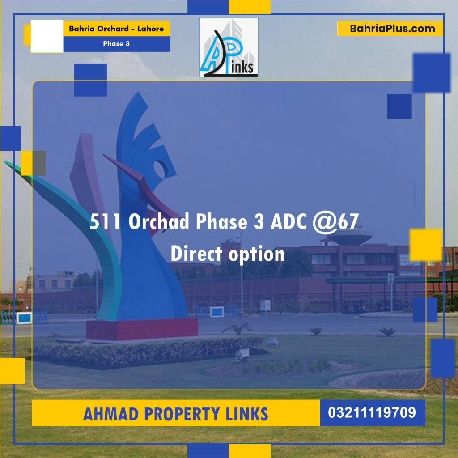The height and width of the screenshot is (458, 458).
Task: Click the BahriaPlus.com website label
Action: point(392,29)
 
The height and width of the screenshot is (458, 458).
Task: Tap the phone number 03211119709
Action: point(372,412)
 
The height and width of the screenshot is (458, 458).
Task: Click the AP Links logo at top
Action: point(229,47)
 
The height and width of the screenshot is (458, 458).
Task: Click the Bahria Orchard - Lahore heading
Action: point(116,29)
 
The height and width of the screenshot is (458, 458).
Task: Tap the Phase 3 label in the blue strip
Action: point(116,44)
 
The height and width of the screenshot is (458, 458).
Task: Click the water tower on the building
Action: point(352,236)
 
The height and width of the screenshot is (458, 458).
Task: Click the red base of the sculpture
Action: point(142,329)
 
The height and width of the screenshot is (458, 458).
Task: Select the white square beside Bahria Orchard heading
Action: point(47,36)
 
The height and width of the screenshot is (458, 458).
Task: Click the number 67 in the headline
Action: point(348,222)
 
